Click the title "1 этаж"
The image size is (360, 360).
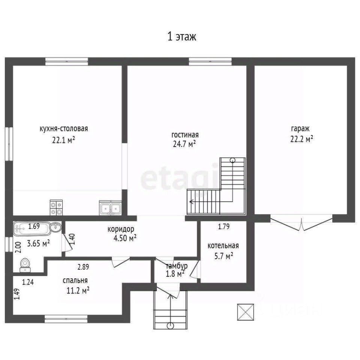click(x=182, y=37)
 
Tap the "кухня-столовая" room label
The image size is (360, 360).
click(x=64, y=129)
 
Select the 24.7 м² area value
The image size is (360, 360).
click(x=184, y=144)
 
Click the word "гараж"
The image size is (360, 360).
click(x=300, y=129)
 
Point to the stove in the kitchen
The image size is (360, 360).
click(x=56, y=207)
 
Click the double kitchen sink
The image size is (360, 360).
click(x=110, y=208)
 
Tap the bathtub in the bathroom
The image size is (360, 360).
click(x=31, y=228)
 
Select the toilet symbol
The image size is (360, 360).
click(x=25, y=265)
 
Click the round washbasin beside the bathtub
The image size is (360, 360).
click(x=55, y=227)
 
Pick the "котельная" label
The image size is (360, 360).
click(x=223, y=246)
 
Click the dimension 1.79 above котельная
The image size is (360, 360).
click(x=224, y=226)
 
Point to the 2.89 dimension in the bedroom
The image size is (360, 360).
click(x=83, y=267)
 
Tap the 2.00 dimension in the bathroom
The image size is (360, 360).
click(x=19, y=247)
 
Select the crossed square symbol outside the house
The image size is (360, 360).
click(x=245, y=312)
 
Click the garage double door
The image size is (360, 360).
click(x=301, y=223)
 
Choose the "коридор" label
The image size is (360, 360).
click(x=121, y=229)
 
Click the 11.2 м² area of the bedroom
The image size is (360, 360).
click(x=78, y=291)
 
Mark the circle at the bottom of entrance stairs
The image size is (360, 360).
click(x=170, y=325)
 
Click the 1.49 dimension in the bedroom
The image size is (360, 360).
click(x=17, y=294)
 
